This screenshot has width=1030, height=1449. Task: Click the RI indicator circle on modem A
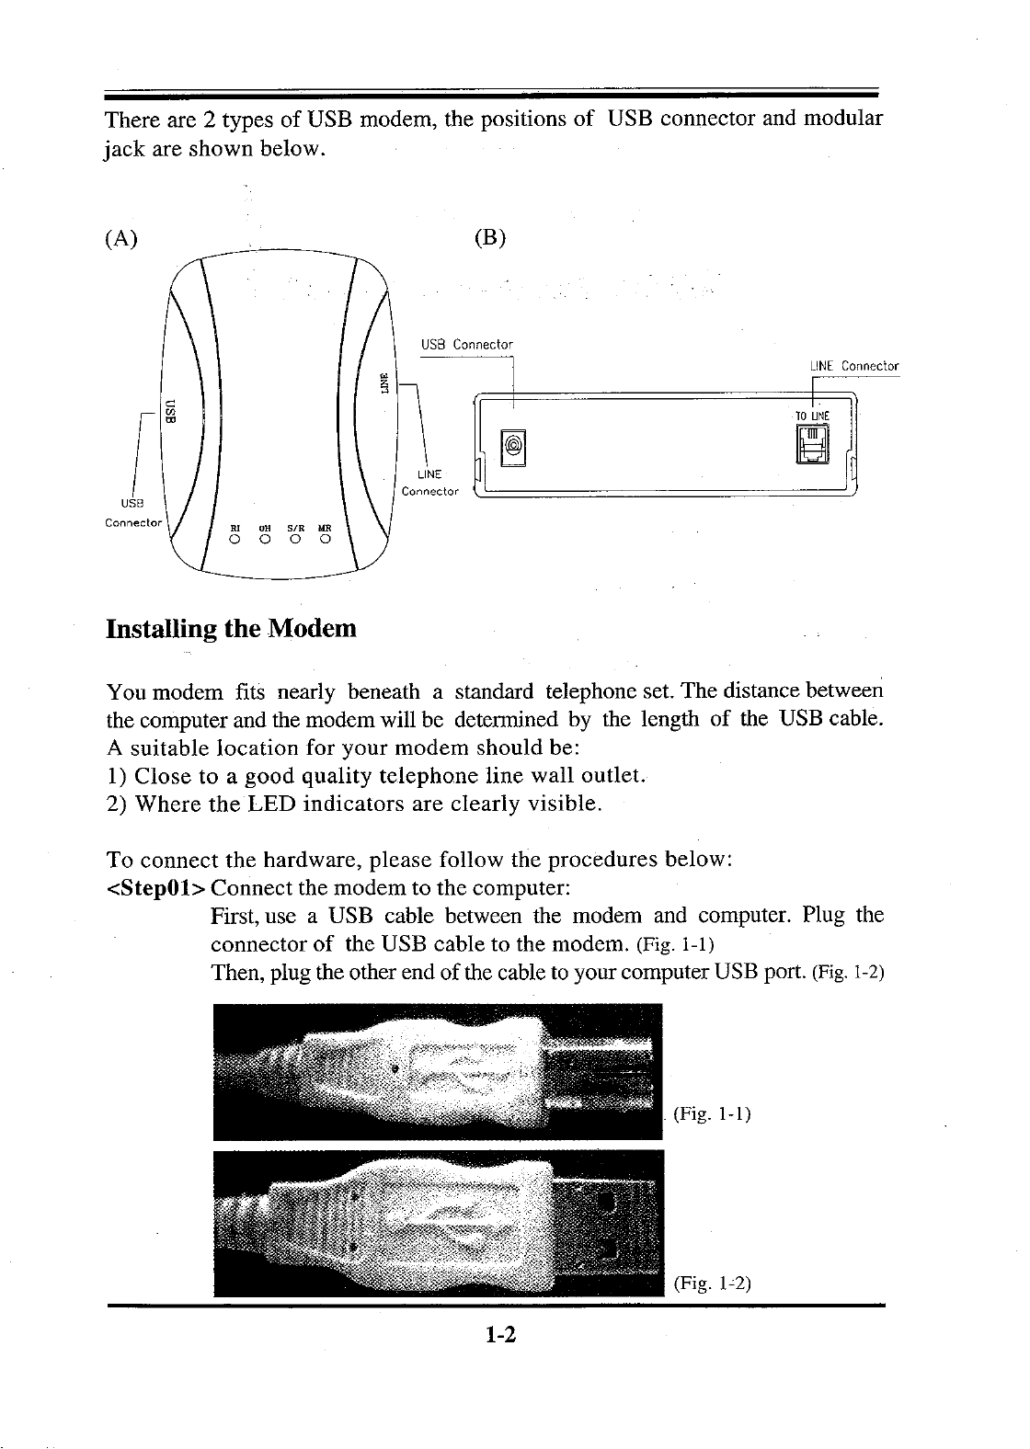click(235, 539)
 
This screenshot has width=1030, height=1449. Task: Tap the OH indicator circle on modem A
click(264, 539)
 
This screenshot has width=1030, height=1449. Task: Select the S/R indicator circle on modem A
click(295, 539)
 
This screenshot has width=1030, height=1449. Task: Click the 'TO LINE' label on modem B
click(813, 416)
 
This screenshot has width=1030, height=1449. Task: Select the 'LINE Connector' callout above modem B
click(854, 367)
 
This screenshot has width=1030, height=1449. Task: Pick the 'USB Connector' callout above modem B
click(466, 345)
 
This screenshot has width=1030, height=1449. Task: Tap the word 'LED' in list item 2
click(267, 806)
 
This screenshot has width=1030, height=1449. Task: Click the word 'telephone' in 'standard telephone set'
click(588, 690)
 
